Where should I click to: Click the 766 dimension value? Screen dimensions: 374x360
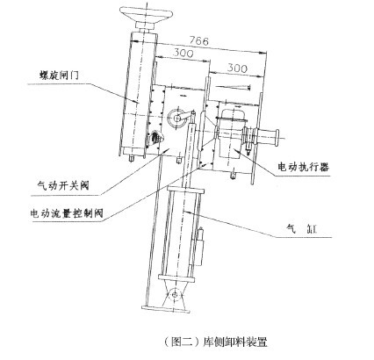198,40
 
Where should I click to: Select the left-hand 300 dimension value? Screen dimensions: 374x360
183,54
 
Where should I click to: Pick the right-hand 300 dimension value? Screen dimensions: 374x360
237,68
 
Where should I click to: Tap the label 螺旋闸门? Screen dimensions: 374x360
59,76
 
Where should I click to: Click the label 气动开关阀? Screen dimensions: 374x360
63,185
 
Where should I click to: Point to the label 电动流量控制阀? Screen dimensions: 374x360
67,213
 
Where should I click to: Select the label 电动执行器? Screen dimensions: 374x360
304,167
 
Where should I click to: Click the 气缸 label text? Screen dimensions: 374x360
302,228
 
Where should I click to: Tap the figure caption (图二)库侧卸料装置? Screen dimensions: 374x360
216,342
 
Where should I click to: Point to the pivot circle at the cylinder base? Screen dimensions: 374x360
175,295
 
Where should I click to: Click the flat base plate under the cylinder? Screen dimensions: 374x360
165,309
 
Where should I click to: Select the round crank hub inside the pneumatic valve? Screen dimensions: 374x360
176,119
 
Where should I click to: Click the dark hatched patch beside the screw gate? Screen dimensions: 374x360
155,138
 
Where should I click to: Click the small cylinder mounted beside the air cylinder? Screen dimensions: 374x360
199,247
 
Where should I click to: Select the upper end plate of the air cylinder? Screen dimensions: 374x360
185,191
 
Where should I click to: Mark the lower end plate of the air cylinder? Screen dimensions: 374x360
176,278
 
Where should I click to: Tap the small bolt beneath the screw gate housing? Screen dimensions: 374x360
132,158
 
